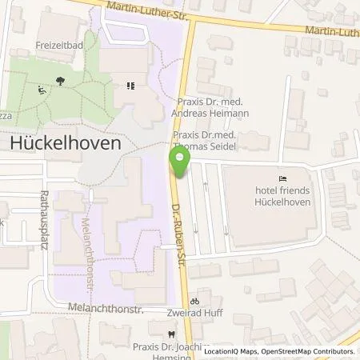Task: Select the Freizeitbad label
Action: pos(58,45)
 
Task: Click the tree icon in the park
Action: pos(61,81)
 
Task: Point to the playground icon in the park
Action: pos(42,90)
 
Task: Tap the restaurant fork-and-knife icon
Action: pos(130,86)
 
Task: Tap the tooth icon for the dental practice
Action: pos(170,334)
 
